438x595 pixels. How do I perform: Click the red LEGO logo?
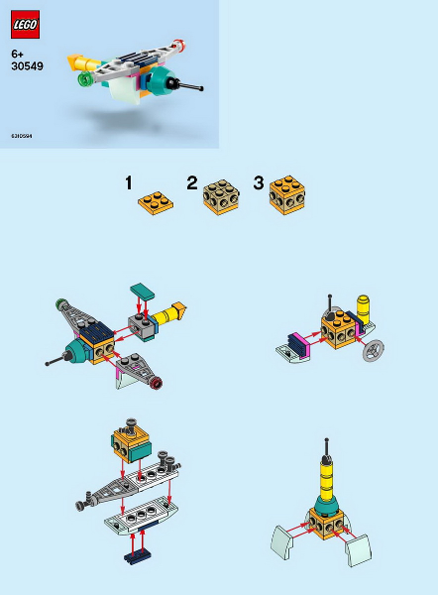25,24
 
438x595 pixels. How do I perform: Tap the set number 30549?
27,66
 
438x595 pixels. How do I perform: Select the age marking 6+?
18,53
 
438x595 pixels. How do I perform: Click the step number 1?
129,182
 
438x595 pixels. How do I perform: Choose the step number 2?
192,182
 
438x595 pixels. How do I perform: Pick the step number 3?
259,182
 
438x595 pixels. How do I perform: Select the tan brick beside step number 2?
221,197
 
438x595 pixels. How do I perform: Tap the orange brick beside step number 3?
287,195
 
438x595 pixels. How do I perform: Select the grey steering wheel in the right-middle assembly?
375,350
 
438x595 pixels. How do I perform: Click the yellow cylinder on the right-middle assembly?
363,308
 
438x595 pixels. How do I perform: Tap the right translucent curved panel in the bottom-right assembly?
359,548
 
